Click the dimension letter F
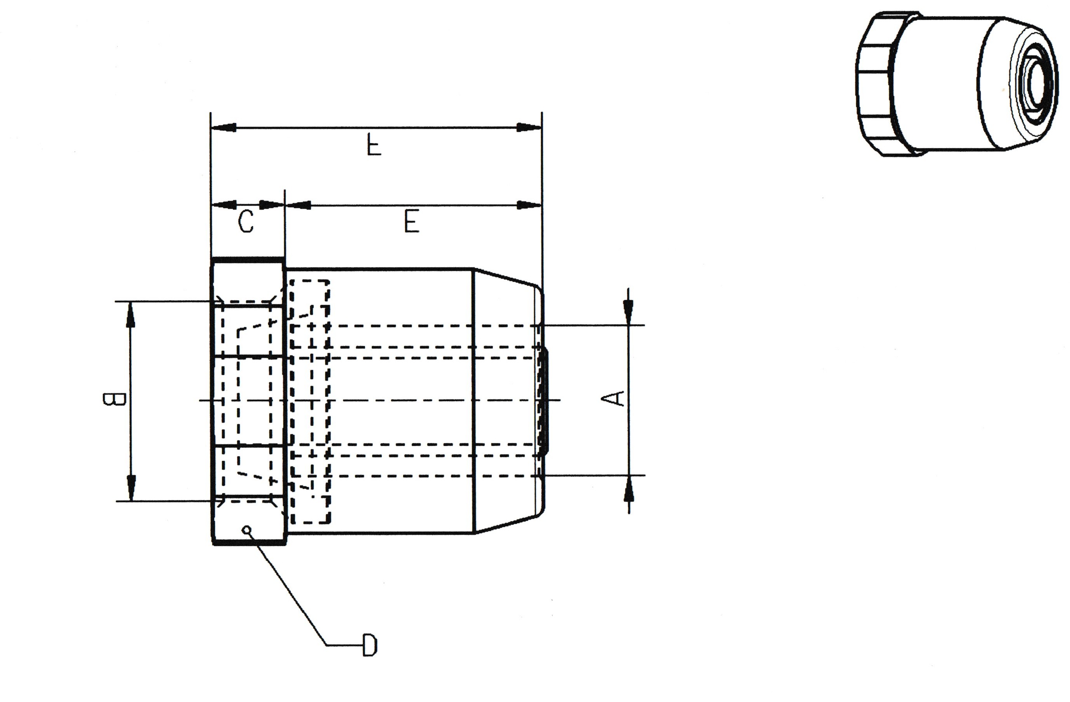point(374,145)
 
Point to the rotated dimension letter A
point(619,398)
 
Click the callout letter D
point(369,646)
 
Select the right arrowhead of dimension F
point(529,128)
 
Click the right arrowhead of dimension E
point(529,205)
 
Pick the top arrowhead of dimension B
point(131,315)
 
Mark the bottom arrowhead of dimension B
point(131,488)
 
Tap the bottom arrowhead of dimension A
point(628,491)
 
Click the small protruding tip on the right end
point(545,400)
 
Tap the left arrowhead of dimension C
point(224,205)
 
